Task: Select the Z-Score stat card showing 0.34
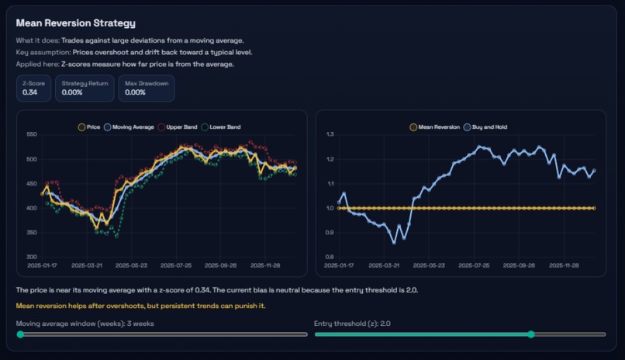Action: [x=33, y=88]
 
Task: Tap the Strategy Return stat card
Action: [x=85, y=88]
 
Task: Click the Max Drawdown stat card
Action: [x=146, y=88]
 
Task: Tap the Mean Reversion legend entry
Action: [x=437, y=126]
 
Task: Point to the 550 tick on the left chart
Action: [x=31, y=135]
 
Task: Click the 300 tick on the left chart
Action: [x=31, y=257]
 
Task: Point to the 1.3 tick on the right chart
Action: [x=329, y=135]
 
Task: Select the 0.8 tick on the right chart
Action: [x=329, y=257]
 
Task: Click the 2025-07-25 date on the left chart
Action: [x=177, y=265]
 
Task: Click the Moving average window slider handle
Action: [x=20, y=334]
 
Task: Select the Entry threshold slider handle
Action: [x=530, y=334]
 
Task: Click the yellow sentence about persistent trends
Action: [x=140, y=305]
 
